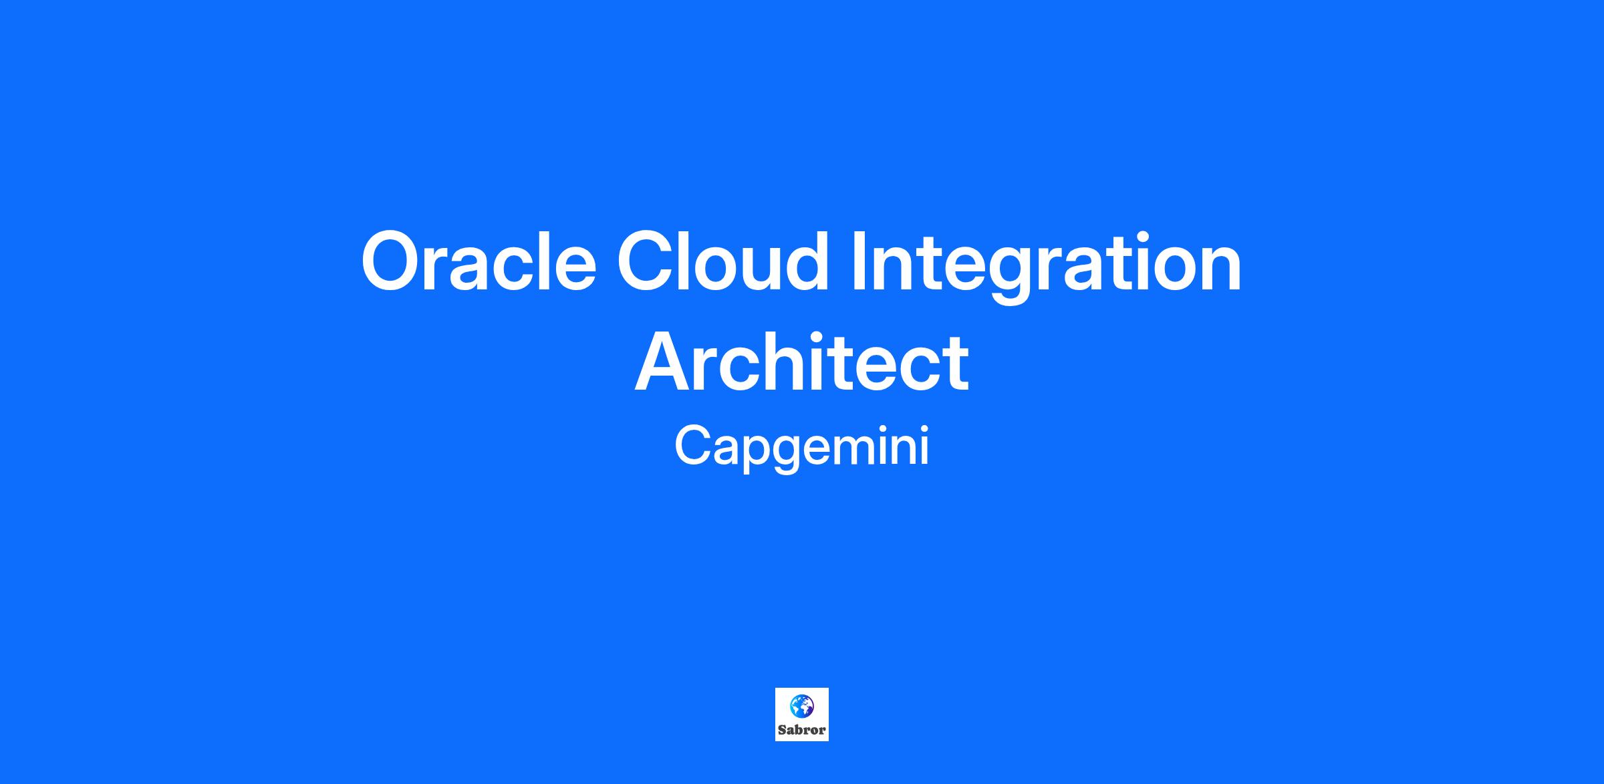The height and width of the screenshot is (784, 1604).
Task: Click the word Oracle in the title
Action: (x=479, y=261)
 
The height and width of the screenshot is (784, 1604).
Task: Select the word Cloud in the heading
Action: (x=723, y=261)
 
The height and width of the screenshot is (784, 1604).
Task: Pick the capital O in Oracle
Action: (x=395, y=261)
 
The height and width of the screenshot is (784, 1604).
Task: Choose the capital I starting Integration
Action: (x=858, y=261)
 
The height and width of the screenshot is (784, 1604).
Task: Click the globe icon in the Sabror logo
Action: (x=801, y=705)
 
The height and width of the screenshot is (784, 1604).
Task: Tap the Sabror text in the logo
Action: (x=801, y=730)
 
